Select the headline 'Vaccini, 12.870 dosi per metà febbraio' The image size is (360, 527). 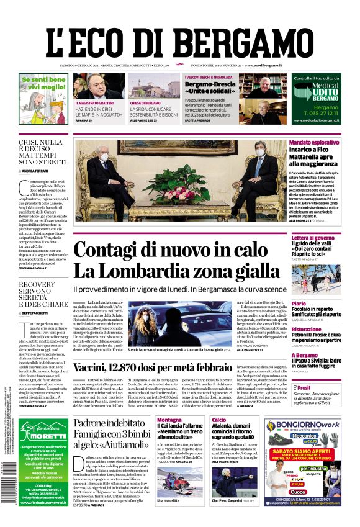164,367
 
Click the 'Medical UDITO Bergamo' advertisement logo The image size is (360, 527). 317,92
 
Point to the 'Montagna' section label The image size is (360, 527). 169,420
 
